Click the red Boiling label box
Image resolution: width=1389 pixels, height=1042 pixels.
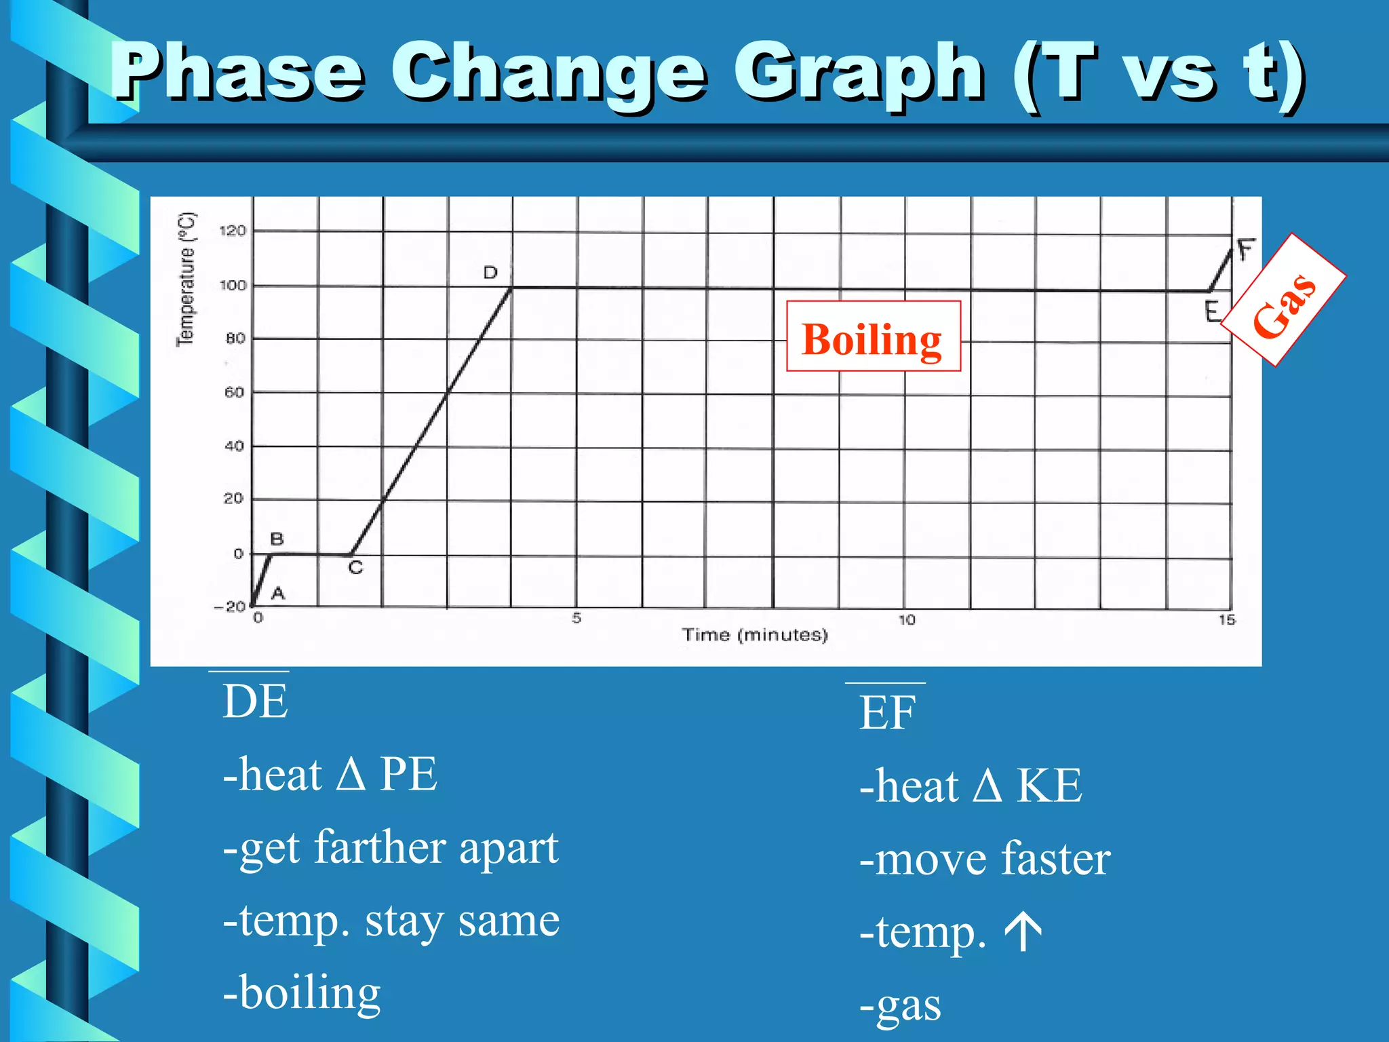click(873, 336)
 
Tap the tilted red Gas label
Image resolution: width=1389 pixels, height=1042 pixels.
click(1284, 301)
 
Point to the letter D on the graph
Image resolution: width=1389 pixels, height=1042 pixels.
click(490, 273)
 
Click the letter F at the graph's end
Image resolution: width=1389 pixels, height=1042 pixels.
click(1246, 250)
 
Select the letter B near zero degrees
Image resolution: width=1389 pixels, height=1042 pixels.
click(277, 539)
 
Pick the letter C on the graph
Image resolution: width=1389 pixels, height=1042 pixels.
click(356, 568)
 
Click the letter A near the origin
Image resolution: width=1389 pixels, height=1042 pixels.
click(278, 594)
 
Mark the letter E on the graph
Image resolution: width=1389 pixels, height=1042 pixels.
click(1213, 311)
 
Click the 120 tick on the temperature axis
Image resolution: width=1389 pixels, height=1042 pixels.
click(232, 231)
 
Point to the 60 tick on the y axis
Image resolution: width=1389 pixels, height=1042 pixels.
click(234, 392)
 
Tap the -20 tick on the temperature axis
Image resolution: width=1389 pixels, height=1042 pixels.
click(230, 606)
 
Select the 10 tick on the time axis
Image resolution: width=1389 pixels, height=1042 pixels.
click(906, 620)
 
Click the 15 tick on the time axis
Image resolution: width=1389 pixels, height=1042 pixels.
click(1227, 620)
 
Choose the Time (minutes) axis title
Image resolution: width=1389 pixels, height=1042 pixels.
click(755, 635)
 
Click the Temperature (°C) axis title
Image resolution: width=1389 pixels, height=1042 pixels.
click(186, 279)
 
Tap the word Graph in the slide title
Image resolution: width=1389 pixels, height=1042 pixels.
click(858, 73)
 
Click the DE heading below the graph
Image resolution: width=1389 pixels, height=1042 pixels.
click(255, 701)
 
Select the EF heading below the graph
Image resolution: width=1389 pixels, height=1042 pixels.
click(887, 713)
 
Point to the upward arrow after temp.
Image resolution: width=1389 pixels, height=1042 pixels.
click(1023, 931)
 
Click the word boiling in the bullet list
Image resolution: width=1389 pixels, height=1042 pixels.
click(310, 992)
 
